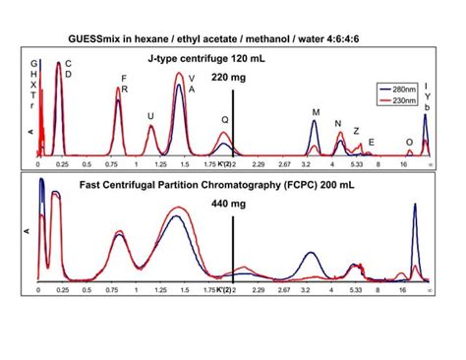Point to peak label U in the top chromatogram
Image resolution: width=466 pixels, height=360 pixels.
pyautogui.click(x=150, y=115)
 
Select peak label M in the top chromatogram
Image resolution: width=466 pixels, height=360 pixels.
pyautogui.click(x=316, y=112)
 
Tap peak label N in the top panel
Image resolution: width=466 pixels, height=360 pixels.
pyautogui.click(x=337, y=124)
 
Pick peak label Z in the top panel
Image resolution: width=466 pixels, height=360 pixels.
pyautogui.click(x=356, y=131)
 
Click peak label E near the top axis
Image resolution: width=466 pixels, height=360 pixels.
pyautogui.click(x=371, y=142)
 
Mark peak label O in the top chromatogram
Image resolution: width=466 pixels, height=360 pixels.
pyautogui.click(x=409, y=142)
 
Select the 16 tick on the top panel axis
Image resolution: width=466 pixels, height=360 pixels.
pyautogui.click(x=405, y=165)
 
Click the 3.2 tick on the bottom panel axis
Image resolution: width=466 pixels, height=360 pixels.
pyautogui.click(x=308, y=292)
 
